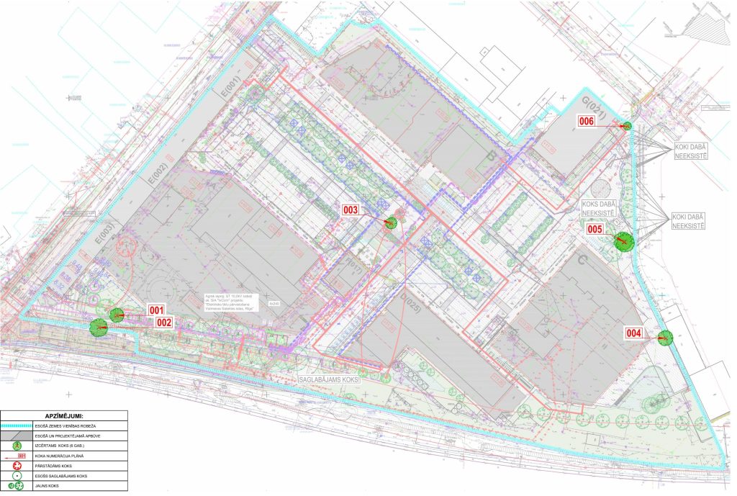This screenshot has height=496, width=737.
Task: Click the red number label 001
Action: [x=156, y=310]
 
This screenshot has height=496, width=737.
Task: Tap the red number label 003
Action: [x=351, y=210]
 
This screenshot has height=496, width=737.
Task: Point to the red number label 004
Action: [x=633, y=333]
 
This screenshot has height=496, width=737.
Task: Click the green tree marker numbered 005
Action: [x=623, y=241]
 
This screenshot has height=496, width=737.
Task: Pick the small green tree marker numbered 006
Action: [x=627, y=126]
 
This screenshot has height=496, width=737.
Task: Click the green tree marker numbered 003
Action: [x=390, y=222]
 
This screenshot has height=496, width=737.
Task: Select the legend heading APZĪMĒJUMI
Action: [x=64, y=415]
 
